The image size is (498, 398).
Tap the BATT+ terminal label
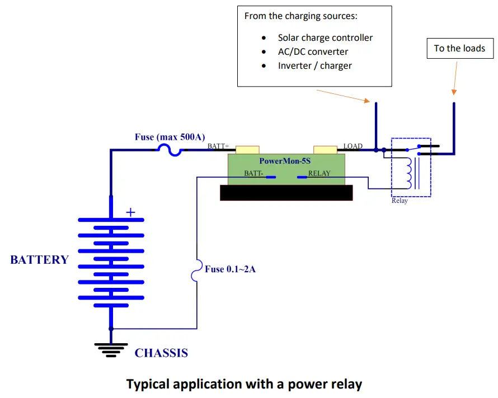tap(218, 146)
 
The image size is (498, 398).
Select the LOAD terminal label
tap(353, 146)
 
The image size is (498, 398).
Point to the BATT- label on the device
tap(253, 173)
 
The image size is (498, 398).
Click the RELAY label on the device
tap(319, 173)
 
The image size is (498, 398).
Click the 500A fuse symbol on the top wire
tap(169, 149)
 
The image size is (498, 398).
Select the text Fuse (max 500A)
tap(170, 136)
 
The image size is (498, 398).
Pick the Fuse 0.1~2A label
tap(230, 269)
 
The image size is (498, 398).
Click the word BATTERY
tap(39, 260)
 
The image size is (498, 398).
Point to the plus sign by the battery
tap(130, 212)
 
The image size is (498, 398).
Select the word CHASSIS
tap(161, 353)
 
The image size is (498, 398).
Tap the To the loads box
tap(460, 48)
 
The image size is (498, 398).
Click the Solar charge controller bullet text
tap(325, 38)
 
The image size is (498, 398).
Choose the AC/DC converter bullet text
tap(313, 51)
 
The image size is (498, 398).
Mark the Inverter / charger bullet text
tap(314, 65)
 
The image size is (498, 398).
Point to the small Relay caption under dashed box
tap(400, 201)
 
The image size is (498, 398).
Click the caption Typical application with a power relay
tap(244, 385)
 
